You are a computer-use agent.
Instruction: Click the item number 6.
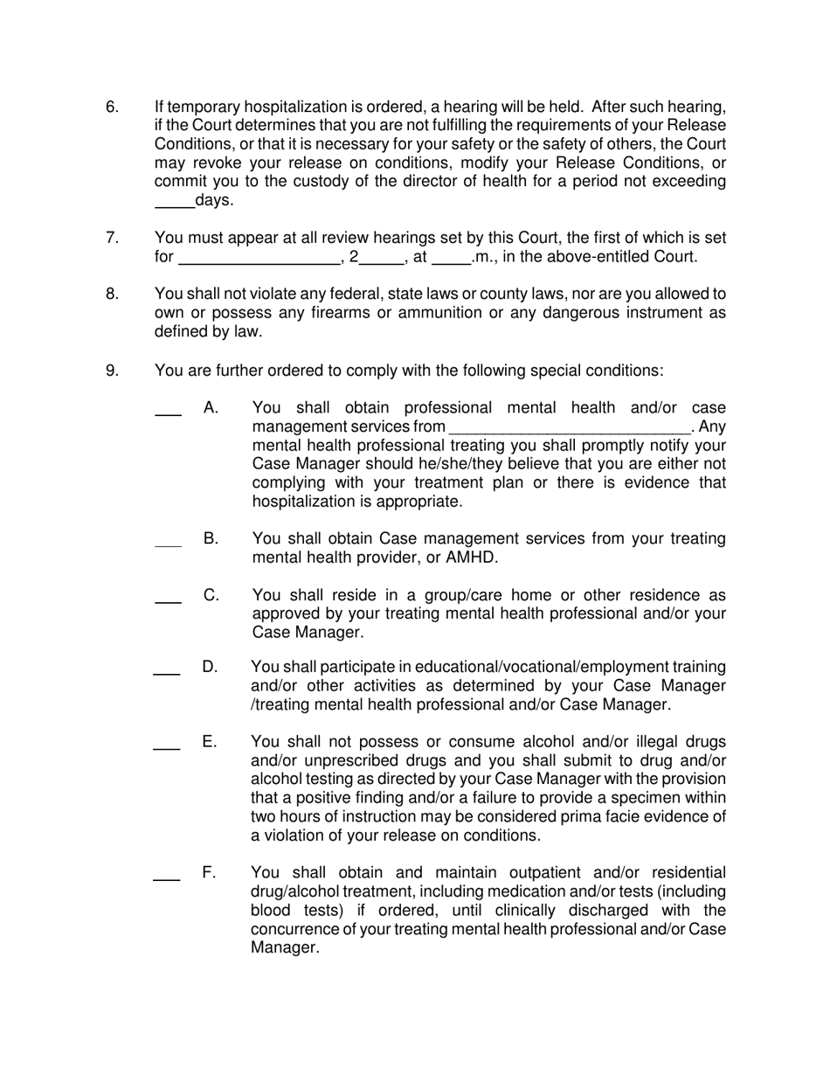(x=112, y=107)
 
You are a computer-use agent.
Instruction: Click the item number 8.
(x=112, y=294)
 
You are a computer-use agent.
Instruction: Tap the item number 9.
(x=112, y=371)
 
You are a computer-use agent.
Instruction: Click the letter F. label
(x=210, y=872)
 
